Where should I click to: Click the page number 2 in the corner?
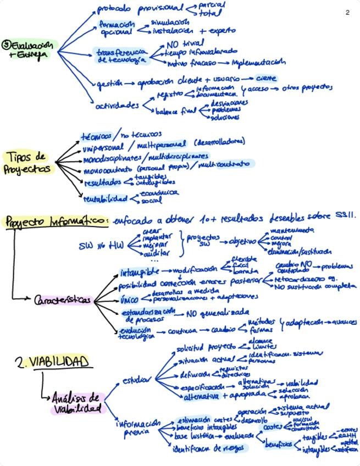point(347,13)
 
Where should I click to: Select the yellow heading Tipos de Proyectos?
point(27,163)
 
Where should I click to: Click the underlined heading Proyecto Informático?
point(55,221)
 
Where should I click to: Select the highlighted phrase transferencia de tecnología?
point(121,56)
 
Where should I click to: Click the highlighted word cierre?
point(267,78)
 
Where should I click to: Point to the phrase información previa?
point(137,427)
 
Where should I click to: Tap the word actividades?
point(118,105)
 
